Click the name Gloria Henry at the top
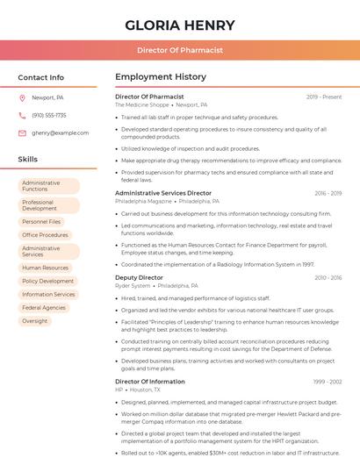[x=180, y=25]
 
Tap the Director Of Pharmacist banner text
[x=180, y=50]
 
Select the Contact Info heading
[x=41, y=77]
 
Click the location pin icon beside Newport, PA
[x=22, y=98]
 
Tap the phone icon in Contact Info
[x=22, y=116]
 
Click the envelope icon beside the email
[x=22, y=133]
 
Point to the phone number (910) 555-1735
[x=49, y=116]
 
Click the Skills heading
[x=28, y=160]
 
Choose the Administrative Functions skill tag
[x=48, y=186]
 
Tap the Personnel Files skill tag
[x=41, y=222]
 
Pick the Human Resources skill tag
[x=45, y=268]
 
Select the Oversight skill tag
[x=35, y=321]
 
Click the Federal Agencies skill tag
[x=44, y=308]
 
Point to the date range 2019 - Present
[x=324, y=97]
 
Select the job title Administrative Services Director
[x=163, y=193]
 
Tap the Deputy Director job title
[x=139, y=277]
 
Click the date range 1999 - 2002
[x=327, y=382]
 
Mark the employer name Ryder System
[x=133, y=285]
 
